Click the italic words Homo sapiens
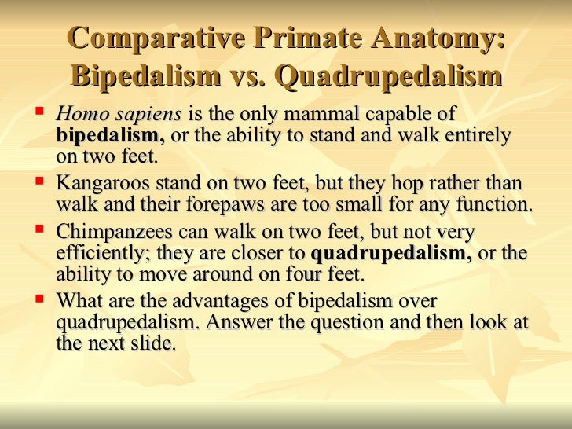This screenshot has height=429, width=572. point(119,114)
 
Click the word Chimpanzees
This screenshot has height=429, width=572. point(109,233)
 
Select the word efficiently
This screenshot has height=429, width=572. point(101,254)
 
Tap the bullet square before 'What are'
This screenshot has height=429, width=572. point(38,299)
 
